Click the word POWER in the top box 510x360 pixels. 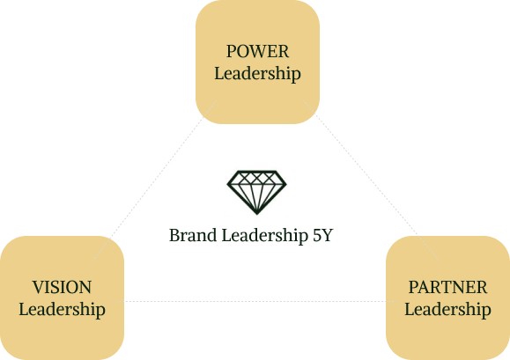coord(257,51)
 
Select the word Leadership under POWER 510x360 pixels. coord(257,73)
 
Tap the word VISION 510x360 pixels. coord(62,287)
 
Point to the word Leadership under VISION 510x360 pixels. coord(62,309)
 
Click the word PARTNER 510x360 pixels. coord(447,287)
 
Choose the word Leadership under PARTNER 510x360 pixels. coord(447,309)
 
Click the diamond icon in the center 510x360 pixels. coord(256,193)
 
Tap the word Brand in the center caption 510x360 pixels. coord(193,235)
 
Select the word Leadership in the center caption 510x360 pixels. coord(265,236)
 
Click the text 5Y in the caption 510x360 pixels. coord(323,235)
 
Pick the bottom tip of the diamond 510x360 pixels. coord(256,215)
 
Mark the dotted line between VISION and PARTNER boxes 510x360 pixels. coord(255,302)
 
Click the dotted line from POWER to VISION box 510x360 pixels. coord(156,180)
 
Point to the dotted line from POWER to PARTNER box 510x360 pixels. coord(366,174)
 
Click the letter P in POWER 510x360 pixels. coord(232,51)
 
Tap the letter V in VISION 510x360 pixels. coord(39,287)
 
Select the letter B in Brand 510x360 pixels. coord(174,235)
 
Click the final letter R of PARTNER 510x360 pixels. coord(482,287)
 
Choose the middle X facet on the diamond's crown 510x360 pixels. coord(256,178)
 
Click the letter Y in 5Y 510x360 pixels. coord(328,235)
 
